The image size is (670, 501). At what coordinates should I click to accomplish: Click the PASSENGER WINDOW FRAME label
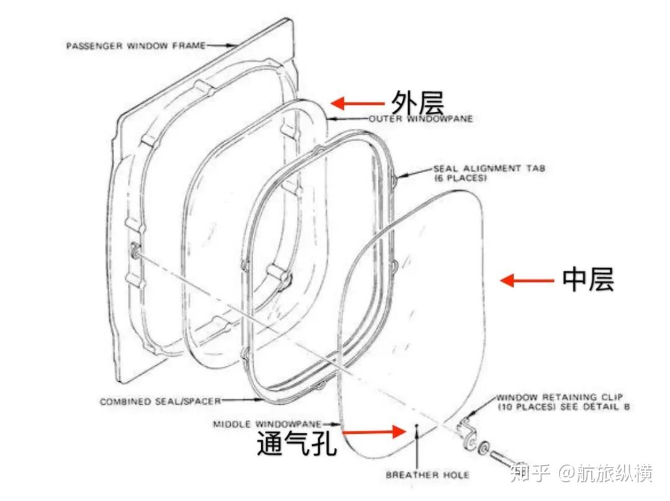click(135, 45)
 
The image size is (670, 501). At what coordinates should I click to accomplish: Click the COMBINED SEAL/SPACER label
click(159, 402)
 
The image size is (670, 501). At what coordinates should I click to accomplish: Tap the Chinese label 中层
click(588, 280)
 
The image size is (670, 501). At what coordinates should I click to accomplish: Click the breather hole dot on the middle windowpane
click(418, 426)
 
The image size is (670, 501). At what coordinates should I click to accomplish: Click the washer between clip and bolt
click(484, 447)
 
